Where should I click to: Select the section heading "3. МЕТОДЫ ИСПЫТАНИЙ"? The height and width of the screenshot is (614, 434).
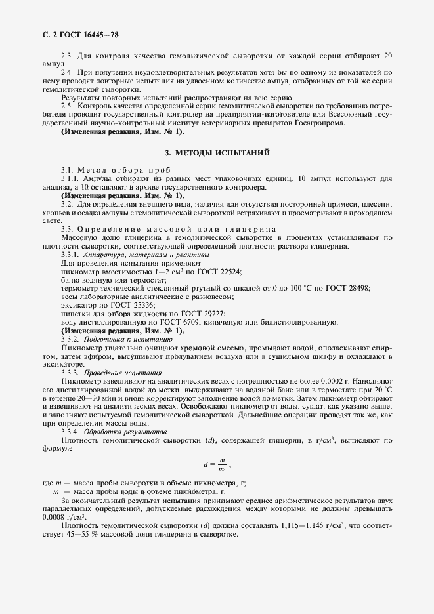[217, 153]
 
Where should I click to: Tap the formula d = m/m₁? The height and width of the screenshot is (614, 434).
[215, 465]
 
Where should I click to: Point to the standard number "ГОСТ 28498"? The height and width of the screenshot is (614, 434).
[348, 288]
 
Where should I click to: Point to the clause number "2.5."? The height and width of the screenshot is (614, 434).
[68, 106]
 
